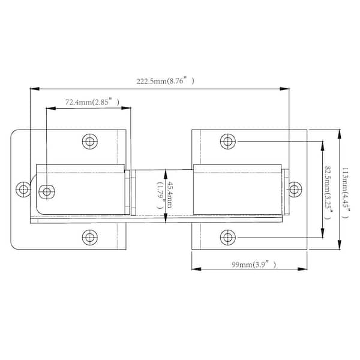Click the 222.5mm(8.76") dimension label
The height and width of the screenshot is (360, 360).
[x=166, y=81]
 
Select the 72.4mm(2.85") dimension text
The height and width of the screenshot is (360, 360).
[x=92, y=102]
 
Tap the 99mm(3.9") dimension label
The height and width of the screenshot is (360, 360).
[x=254, y=265]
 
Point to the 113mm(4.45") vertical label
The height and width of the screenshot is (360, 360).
[x=346, y=193]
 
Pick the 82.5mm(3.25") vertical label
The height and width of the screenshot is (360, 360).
[x=328, y=193]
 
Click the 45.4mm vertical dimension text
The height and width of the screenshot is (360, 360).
[x=169, y=194]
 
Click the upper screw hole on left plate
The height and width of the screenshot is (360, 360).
[x=90, y=142]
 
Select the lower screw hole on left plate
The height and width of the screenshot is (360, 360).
[x=90, y=237]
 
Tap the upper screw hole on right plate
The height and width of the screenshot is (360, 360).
[x=228, y=142]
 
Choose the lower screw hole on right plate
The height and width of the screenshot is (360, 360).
[x=228, y=237]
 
